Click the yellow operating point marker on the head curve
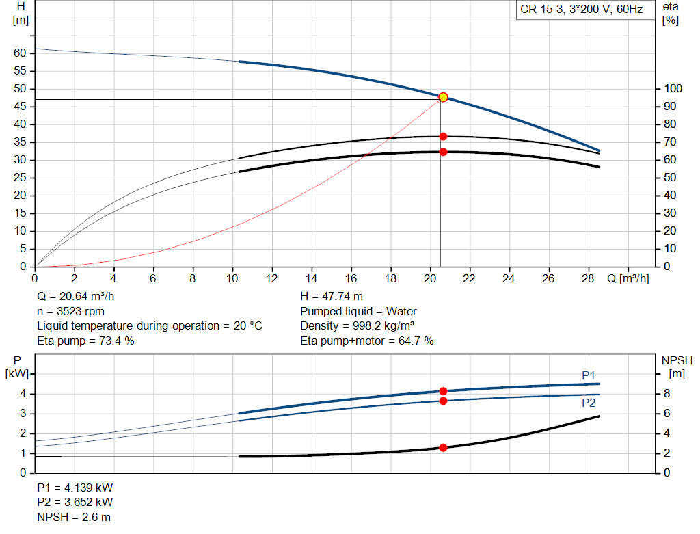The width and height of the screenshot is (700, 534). pyautogui.click(x=443, y=97)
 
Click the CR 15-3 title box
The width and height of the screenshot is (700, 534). pyautogui.click(x=581, y=10)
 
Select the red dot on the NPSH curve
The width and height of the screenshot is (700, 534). pyautogui.click(x=443, y=448)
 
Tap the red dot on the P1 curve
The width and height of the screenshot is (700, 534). pyautogui.click(x=443, y=391)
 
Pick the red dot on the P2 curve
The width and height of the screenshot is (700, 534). pyautogui.click(x=443, y=401)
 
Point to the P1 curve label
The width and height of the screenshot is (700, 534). pyautogui.click(x=589, y=375)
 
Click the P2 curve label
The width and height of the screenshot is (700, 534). pyautogui.click(x=589, y=403)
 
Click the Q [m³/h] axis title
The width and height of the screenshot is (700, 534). pyautogui.click(x=627, y=279)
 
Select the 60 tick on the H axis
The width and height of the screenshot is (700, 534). pyautogui.click(x=20, y=53)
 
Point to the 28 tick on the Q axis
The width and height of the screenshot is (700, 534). pyautogui.click(x=588, y=279)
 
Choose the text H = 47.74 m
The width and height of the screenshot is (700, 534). pyautogui.click(x=332, y=297)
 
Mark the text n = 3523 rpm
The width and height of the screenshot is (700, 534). pyautogui.click(x=70, y=311)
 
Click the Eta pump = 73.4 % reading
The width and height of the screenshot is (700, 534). pyautogui.click(x=85, y=340)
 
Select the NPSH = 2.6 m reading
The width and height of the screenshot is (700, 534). pyautogui.click(x=74, y=517)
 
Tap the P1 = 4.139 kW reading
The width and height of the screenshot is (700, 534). pyautogui.click(x=75, y=488)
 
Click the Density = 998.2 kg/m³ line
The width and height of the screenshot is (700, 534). pyautogui.click(x=358, y=325)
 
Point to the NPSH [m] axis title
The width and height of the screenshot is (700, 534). pyautogui.click(x=677, y=366)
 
